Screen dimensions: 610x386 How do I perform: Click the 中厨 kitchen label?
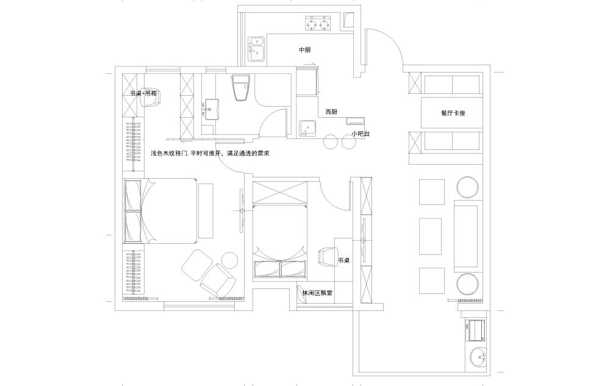(304, 50)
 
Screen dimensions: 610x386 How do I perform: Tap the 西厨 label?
(331, 112)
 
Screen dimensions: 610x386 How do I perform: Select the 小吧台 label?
(361, 134)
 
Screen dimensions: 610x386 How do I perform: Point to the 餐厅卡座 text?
(453, 113)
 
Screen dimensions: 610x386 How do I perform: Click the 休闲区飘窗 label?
(317, 293)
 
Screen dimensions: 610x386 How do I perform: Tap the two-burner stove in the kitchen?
(317, 24)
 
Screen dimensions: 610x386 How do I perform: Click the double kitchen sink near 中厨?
(256, 49)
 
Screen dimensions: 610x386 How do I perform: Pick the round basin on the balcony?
(478, 357)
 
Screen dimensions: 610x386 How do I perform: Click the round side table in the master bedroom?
(230, 260)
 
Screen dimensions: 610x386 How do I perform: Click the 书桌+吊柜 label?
(143, 94)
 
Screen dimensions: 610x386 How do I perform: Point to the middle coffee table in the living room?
(430, 236)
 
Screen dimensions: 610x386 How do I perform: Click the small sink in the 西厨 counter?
(308, 129)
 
